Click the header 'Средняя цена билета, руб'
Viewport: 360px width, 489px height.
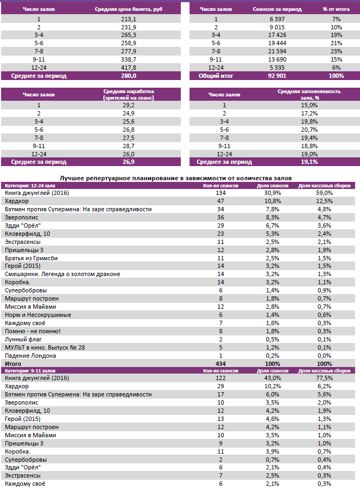pyautogui.click(x=129, y=10)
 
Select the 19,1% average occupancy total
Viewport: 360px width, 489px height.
pyautogui.click(x=309, y=162)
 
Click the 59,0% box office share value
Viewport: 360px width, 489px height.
pyautogui.click(x=324, y=193)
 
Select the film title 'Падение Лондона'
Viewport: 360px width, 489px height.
pyautogui.click(x=30, y=356)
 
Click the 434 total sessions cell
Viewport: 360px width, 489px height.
pyautogui.click(x=221, y=363)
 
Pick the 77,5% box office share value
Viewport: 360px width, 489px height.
pyautogui.click(x=324, y=378)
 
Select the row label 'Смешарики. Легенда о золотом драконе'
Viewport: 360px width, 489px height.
pyautogui.click(x=62, y=274)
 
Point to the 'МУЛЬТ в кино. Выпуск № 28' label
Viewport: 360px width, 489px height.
pyautogui.click(x=45, y=347)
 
